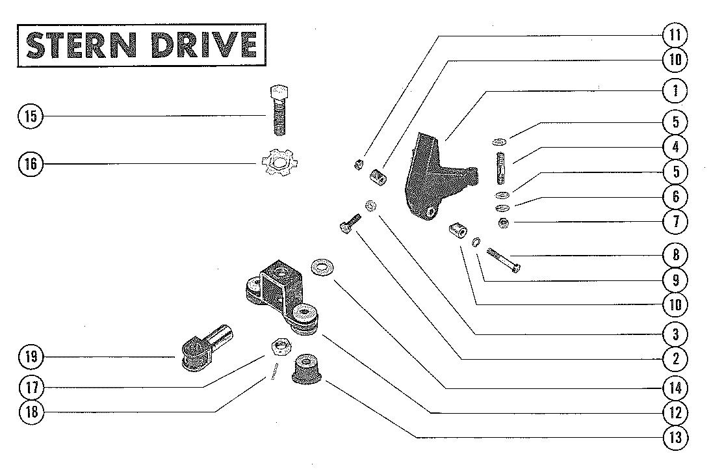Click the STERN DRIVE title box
141,45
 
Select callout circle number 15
30,116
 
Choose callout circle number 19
30,356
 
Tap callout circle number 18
30,412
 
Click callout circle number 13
675,437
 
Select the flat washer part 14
320,268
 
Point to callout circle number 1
675,90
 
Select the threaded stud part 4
500,167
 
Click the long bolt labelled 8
503,260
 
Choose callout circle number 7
675,222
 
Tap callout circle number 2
675,358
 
